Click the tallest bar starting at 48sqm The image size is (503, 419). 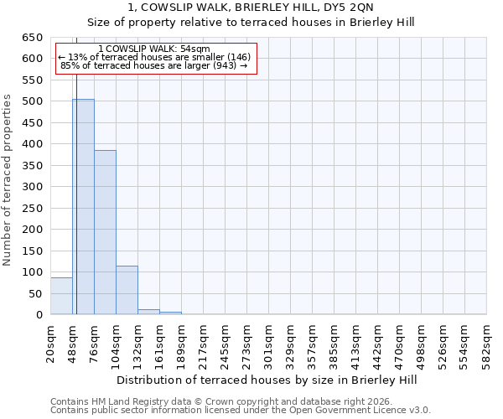click(x=83, y=207)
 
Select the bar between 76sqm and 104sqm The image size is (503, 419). click(x=105, y=232)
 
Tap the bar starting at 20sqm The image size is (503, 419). click(x=61, y=296)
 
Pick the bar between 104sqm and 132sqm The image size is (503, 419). click(x=127, y=290)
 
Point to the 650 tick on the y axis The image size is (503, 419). click(x=32, y=38)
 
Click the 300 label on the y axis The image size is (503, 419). click(x=32, y=187)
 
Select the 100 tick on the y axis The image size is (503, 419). click(x=32, y=272)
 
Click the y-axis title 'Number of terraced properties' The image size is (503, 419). click(x=8, y=180)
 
